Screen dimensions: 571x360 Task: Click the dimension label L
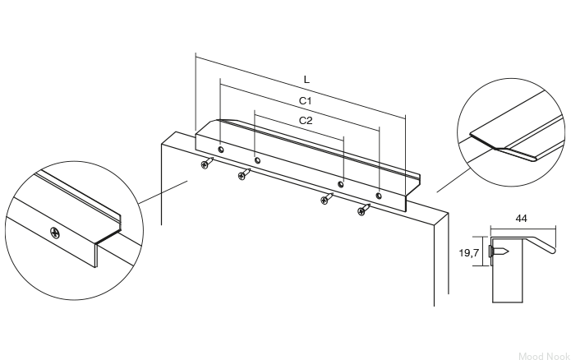[306, 80]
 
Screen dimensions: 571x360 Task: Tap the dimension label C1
[306, 101]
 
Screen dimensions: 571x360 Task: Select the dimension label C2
[306, 121]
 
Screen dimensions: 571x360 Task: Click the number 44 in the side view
[521, 219]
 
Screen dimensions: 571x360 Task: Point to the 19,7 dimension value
[468, 252]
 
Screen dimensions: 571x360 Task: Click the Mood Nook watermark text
[544, 356]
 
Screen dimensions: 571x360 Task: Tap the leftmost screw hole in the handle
[221, 150]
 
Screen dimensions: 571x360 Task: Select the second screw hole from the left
[257, 160]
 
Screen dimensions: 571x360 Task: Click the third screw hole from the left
[340, 184]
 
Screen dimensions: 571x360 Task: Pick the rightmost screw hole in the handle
[379, 196]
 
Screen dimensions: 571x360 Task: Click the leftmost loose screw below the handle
[206, 163]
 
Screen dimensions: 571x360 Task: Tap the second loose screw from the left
[244, 174]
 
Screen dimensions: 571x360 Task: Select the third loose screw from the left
[326, 199]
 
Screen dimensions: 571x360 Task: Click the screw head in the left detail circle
[54, 232]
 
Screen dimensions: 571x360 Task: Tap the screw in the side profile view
[498, 251]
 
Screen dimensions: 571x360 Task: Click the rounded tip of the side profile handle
[553, 251]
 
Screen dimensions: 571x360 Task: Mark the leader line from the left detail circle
[163, 192]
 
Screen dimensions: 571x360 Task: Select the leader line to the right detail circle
[453, 180]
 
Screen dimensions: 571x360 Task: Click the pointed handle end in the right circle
[535, 159]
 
